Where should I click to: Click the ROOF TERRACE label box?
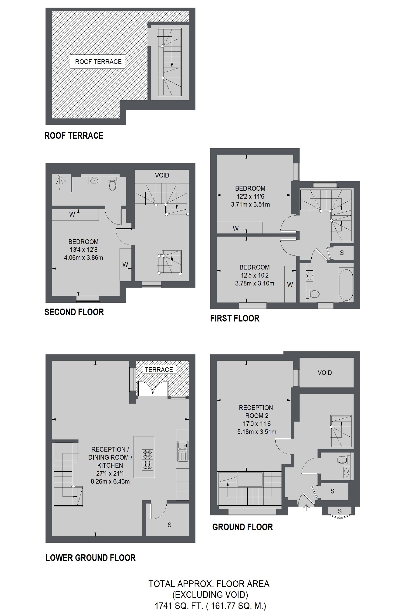coord(98,62)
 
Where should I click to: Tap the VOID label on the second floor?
coord(162,175)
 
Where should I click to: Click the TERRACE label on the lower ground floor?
coord(159,370)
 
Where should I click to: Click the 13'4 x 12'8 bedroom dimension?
coord(83,250)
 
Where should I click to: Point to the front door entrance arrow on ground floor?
coord(306,507)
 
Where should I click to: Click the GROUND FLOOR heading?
coord(242,527)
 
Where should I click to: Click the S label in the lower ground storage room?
coord(170,525)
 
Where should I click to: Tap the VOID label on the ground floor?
coord(325,373)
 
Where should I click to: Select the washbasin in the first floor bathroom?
coord(310,276)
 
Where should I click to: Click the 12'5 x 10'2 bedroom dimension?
coord(254,275)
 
